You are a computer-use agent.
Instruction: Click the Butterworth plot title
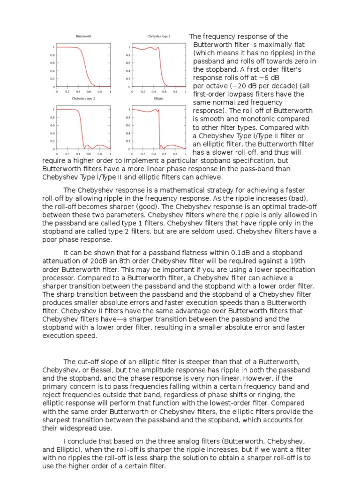[83, 36]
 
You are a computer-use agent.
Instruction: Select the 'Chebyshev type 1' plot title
[158, 36]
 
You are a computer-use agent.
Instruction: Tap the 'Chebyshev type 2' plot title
[83, 99]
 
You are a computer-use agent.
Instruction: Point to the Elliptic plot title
[158, 99]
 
